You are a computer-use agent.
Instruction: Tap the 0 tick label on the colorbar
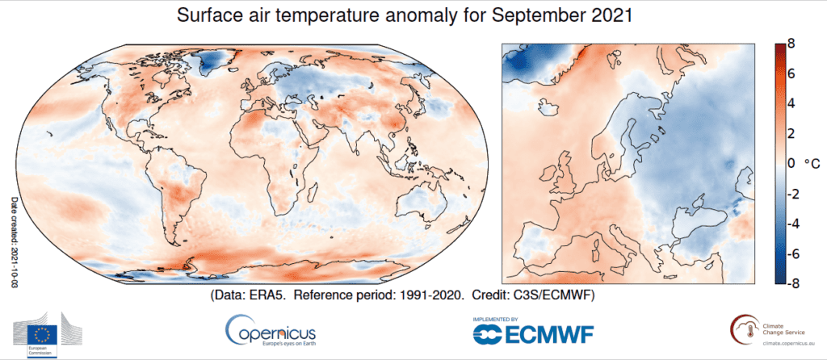pyautogui.click(x=791, y=164)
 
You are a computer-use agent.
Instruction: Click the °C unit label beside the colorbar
pyautogui.click(x=811, y=164)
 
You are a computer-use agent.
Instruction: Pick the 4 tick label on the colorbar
pyautogui.click(x=791, y=104)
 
